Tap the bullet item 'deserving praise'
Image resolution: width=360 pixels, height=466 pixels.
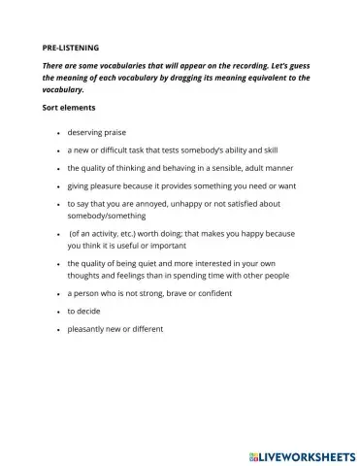97,132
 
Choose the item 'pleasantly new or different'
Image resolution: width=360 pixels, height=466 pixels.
115,329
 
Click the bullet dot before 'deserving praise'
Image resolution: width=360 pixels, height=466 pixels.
58,133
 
